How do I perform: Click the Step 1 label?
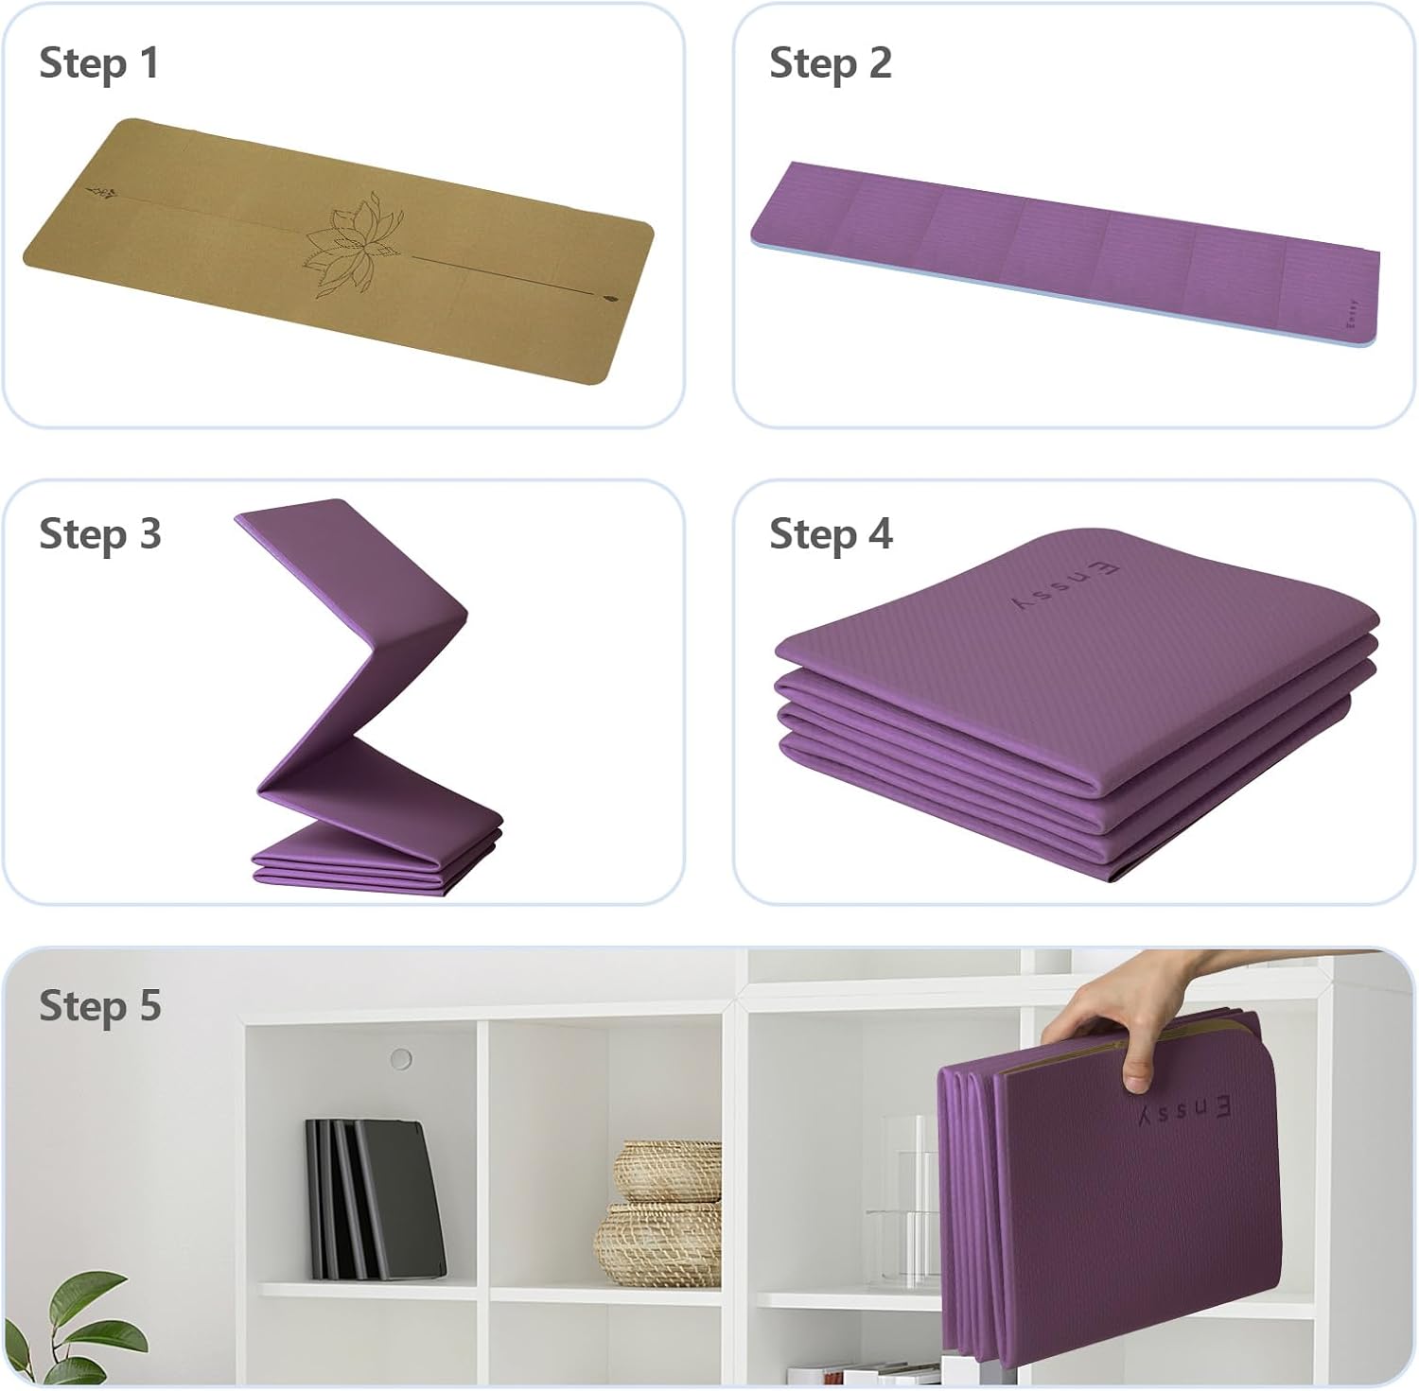coord(99,64)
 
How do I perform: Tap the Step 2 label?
coord(831,64)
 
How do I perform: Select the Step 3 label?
coord(100,535)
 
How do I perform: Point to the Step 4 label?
coord(832,535)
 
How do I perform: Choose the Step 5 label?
coord(100,1006)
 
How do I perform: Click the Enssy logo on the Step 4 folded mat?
coord(1065,585)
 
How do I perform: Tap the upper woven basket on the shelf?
coord(668,1171)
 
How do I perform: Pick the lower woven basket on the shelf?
coord(658,1243)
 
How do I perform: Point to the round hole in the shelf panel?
coord(401,1058)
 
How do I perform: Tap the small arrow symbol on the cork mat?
coord(104,194)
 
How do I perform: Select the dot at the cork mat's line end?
coord(606,297)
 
